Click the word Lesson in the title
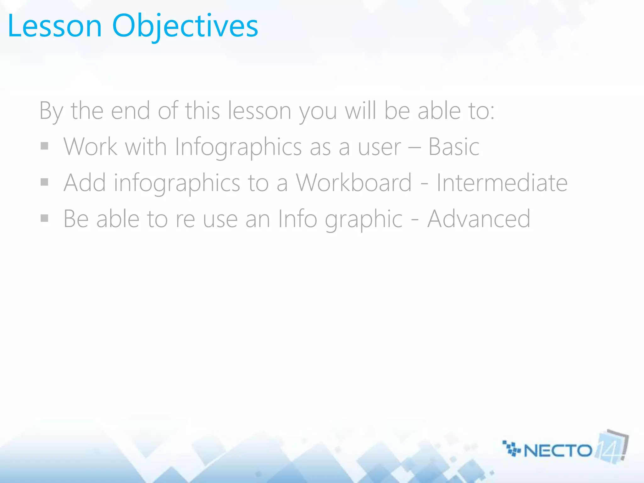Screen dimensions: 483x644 (55, 26)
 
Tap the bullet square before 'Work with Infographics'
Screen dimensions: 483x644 (44, 146)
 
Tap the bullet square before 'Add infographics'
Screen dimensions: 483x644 (44, 182)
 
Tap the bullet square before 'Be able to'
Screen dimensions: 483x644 (44, 218)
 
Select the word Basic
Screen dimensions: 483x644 (454, 147)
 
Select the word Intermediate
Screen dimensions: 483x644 (502, 183)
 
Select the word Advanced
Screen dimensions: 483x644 (479, 219)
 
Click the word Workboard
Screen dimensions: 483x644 (353, 183)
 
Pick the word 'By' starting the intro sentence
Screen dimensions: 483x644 (51, 112)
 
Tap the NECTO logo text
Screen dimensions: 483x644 (558, 451)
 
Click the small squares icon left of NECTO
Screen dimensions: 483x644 (511, 448)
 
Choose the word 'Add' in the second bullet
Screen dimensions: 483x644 (85, 183)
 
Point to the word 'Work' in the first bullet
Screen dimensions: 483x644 (91, 147)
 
